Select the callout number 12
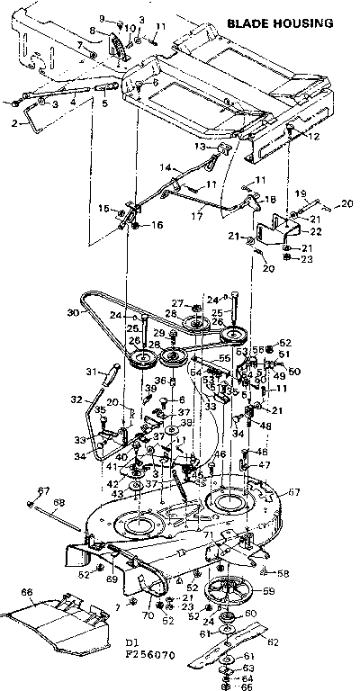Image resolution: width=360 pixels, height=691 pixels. coord(313,137)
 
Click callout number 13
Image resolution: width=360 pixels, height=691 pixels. coord(202,146)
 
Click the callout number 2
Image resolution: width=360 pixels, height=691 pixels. coord(14,124)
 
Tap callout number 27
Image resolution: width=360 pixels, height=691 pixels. coord(177,303)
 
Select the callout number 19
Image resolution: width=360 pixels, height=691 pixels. coord(301,193)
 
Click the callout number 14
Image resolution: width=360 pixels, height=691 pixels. coord(166,167)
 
